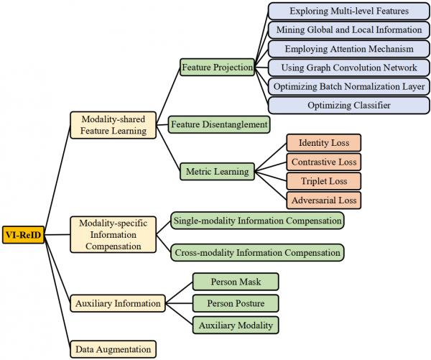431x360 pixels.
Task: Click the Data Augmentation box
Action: click(113, 350)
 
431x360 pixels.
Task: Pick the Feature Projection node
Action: click(217, 68)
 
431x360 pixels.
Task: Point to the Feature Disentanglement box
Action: click(219, 124)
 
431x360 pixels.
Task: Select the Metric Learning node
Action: click(217, 172)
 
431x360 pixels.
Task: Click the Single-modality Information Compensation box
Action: click(256, 221)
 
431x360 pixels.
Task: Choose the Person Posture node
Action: click(235, 303)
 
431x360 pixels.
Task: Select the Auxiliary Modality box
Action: click(235, 325)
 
